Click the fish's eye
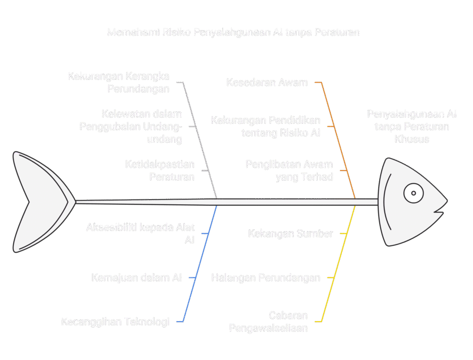pos(413,193)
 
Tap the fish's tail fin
pos(42,202)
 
